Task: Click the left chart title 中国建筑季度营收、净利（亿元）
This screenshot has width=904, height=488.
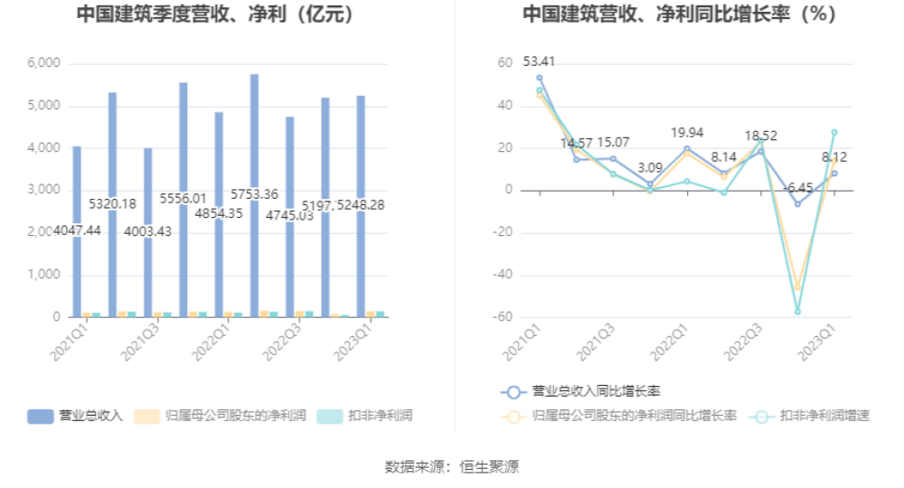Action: (x=214, y=15)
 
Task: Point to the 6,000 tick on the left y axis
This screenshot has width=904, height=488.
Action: (x=43, y=63)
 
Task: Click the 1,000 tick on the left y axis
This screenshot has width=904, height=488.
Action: (x=43, y=275)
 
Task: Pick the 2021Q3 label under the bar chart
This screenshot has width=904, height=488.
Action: (x=143, y=345)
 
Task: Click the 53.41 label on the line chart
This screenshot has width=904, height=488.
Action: (x=539, y=61)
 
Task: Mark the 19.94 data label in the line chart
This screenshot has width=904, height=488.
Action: (x=687, y=133)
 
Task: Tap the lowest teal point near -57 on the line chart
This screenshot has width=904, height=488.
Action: (x=797, y=312)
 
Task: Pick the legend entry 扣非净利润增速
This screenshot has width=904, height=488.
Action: (x=811, y=416)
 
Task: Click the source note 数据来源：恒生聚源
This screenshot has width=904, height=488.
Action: (x=452, y=466)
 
